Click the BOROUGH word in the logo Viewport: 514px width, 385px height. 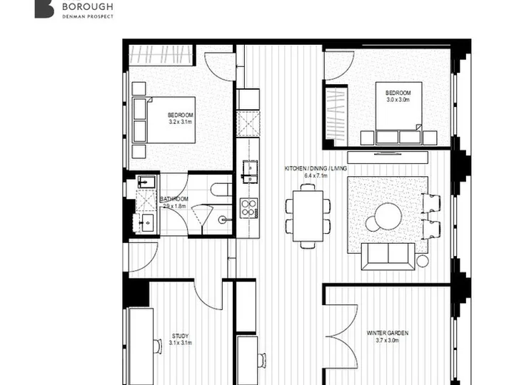(x=88, y=6)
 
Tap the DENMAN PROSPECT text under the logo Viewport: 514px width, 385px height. (x=88, y=16)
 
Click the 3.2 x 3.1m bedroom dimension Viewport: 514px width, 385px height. (x=181, y=122)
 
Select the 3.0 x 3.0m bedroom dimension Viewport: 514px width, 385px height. (x=398, y=100)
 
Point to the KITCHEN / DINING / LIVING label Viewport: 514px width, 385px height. (x=316, y=168)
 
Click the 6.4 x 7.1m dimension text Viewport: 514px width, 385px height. (x=316, y=176)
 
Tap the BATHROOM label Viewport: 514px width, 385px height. (x=174, y=199)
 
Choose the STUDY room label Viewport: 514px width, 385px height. (x=181, y=337)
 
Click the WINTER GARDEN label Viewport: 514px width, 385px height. (x=388, y=333)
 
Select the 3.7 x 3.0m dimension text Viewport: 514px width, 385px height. (x=388, y=341)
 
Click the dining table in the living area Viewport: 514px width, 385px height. (x=308, y=216)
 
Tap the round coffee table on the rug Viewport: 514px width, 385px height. (x=388, y=216)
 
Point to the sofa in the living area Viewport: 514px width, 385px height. (x=388, y=257)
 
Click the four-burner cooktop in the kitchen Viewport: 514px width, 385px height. (x=249, y=208)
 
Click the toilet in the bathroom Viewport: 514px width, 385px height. (x=221, y=190)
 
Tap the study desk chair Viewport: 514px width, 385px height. (x=158, y=346)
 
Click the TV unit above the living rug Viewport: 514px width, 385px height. (x=388, y=157)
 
